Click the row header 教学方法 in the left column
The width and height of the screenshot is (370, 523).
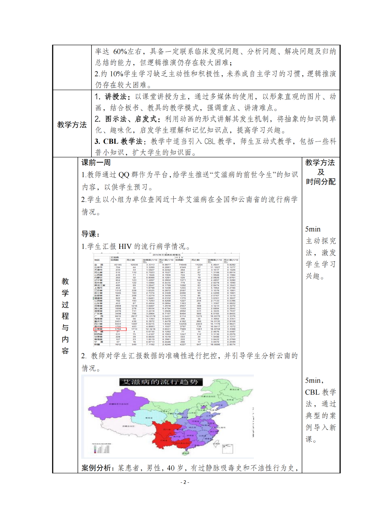pyautogui.click(x=72, y=125)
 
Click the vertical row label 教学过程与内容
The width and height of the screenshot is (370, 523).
pyautogui.click(x=65, y=316)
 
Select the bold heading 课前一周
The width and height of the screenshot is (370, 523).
pyautogui.click(x=96, y=163)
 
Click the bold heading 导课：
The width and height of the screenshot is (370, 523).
pyautogui.click(x=91, y=234)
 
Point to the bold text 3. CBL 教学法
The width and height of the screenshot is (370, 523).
pyautogui.click(x=118, y=141)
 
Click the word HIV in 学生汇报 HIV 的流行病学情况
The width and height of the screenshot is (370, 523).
pyautogui.click(x=125, y=247)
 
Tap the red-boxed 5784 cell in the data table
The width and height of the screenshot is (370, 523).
pyautogui.click(x=118, y=329)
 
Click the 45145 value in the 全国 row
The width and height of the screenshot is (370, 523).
pyautogui.click(x=118, y=265)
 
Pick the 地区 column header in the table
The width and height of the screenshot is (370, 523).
pyautogui.click(x=97, y=260)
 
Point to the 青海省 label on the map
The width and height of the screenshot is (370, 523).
pyautogui.click(x=148, y=418)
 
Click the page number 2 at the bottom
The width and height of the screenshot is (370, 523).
pyautogui.click(x=185, y=482)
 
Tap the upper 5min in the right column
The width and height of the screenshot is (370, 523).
pyautogui.click(x=313, y=229)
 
